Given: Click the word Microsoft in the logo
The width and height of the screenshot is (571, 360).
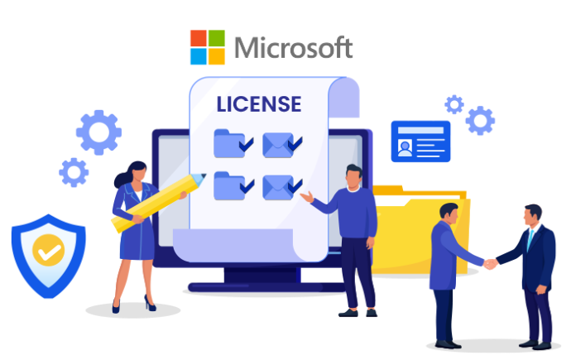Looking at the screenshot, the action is click(294, 47).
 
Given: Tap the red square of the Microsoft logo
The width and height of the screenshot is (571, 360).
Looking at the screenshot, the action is click(199, 38).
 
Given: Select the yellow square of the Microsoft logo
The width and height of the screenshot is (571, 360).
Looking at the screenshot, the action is click(217, 56).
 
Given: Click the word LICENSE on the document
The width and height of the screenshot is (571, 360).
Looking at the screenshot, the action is click(259, 104).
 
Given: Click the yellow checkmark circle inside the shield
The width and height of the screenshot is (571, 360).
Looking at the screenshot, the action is click(49, 250).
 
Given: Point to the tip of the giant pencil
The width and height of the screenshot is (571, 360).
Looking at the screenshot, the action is click(204, 175).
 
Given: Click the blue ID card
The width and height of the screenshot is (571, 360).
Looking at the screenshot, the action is click(420, 142).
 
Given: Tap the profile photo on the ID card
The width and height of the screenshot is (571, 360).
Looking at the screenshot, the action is click(405, 147).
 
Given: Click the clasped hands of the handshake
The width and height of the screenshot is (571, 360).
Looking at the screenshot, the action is click(490, 263).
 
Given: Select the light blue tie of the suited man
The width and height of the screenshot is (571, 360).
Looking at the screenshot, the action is click(530, 239).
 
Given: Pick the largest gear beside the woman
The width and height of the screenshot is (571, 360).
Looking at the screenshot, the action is click(98, 132).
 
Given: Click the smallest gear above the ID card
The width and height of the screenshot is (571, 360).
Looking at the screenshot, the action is click(454, 104).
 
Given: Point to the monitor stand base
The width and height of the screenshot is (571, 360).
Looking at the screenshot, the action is click(266, 287).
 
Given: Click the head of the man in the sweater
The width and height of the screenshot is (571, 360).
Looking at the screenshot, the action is click(353, 176).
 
